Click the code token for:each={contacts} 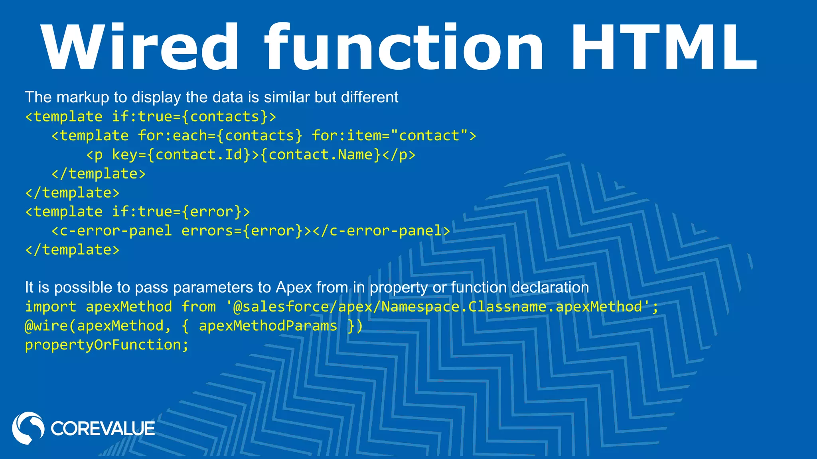point(220,136)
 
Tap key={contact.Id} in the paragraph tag point(181,155)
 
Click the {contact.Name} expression point(321,155)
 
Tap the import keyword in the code point(51,307)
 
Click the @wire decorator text point(46,326)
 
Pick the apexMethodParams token point(268,326)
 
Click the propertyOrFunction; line point(107,345)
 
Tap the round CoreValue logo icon point(28,428)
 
